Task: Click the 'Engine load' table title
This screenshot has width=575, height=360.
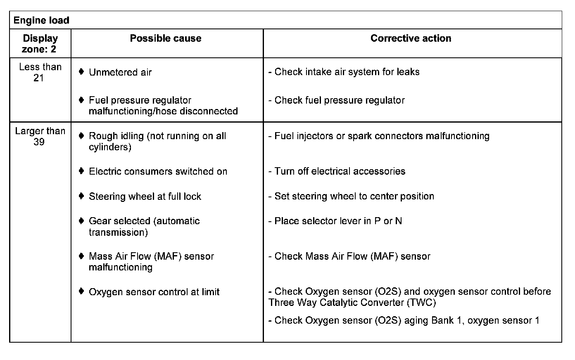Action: click(41, 20)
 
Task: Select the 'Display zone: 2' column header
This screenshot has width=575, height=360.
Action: click(40, 44)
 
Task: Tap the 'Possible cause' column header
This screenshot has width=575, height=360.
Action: click(166, 38)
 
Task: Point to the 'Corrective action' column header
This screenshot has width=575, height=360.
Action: click(411, 38)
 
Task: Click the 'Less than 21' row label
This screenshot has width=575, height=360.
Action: click(40, 72)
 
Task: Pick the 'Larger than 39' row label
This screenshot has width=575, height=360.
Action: click(40, 136)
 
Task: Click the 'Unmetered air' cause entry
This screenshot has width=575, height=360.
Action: click(120, 72)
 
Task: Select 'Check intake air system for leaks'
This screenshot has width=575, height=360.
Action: click(347, 72)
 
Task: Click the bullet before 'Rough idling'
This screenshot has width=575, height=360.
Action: click(81, 135)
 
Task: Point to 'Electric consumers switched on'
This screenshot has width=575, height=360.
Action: click(158, 171)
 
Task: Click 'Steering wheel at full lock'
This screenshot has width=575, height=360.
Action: click(145, 197)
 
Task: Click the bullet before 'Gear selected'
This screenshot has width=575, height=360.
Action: click(81, 221)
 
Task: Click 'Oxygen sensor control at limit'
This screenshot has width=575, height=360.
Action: click(154, 292)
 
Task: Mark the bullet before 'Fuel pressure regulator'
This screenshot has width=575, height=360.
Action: click(81, 100)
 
